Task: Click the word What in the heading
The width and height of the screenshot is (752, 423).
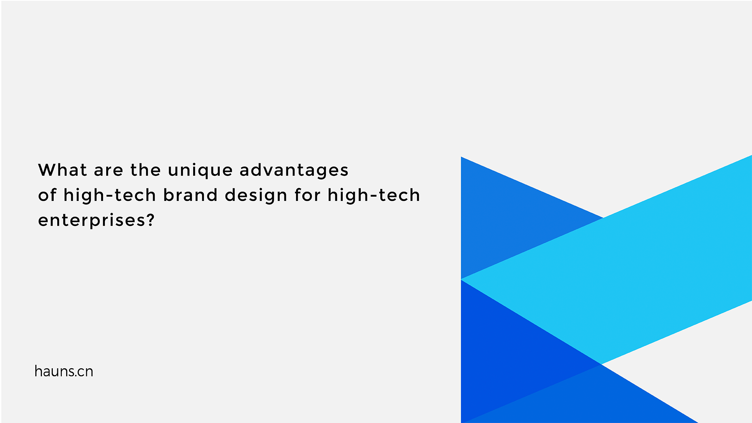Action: point(62,170)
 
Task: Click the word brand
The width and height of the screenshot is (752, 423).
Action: point(190,195)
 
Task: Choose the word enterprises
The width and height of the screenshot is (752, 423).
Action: point(91,221)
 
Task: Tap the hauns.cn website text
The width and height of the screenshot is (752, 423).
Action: point(64,371)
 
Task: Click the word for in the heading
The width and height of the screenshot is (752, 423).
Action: point(307,195)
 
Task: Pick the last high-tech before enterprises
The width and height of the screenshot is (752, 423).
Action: point(374,195)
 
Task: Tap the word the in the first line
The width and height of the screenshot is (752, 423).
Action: point(145,170)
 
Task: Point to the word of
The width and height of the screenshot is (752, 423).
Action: point(47,195)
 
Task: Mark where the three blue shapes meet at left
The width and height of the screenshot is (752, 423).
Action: point(462,279)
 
